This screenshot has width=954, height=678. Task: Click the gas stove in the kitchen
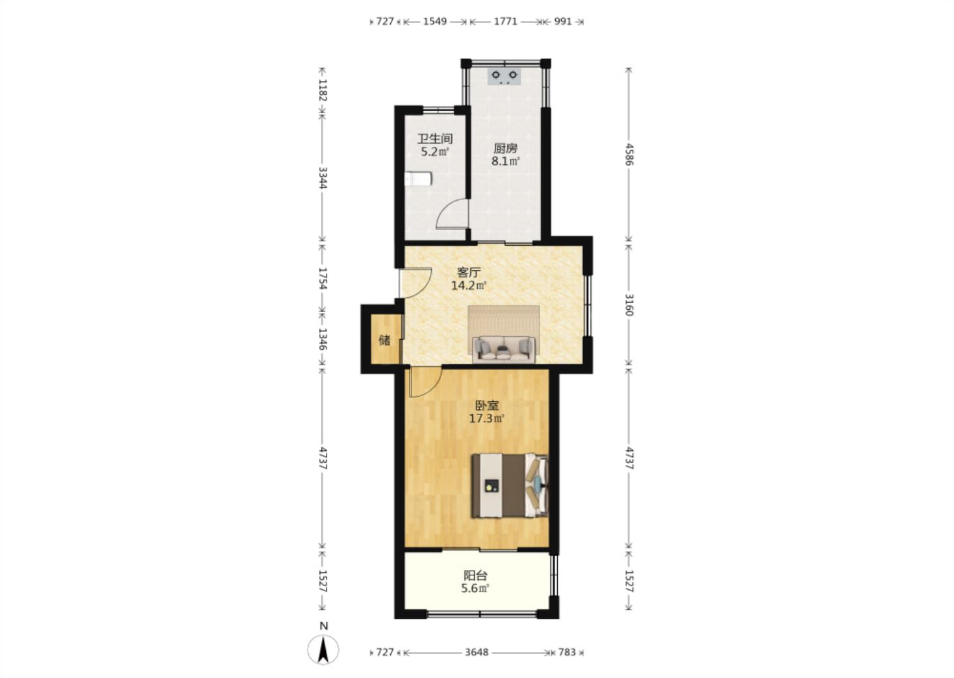[504, 76]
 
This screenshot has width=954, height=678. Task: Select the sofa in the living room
[503, 350]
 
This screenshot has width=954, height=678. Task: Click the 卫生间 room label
[435, 139]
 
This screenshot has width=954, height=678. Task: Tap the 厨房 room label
[505, 148]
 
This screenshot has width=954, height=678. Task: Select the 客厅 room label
[469, 272]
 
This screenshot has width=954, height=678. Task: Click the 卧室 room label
[487, 406]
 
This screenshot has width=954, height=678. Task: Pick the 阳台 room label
[475, 576]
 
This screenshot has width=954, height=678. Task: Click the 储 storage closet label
[384, 340]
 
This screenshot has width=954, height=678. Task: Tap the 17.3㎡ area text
[487, 419]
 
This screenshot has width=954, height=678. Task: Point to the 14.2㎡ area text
[469, 285]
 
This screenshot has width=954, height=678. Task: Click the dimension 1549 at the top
[435, 21]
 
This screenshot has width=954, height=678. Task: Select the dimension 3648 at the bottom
[476, 652]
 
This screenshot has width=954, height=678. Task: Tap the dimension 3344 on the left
[323, 178]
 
